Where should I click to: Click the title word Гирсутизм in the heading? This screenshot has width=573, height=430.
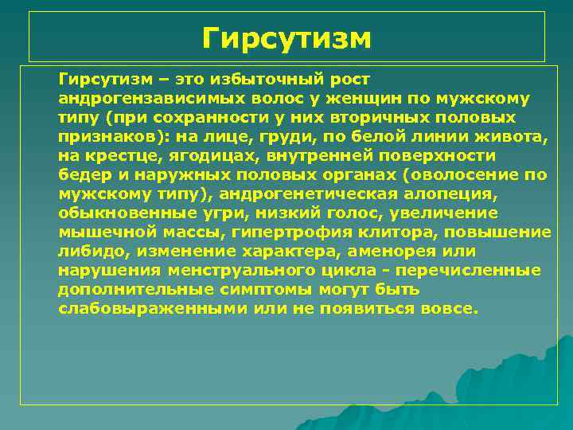click(x=286, y=37)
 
